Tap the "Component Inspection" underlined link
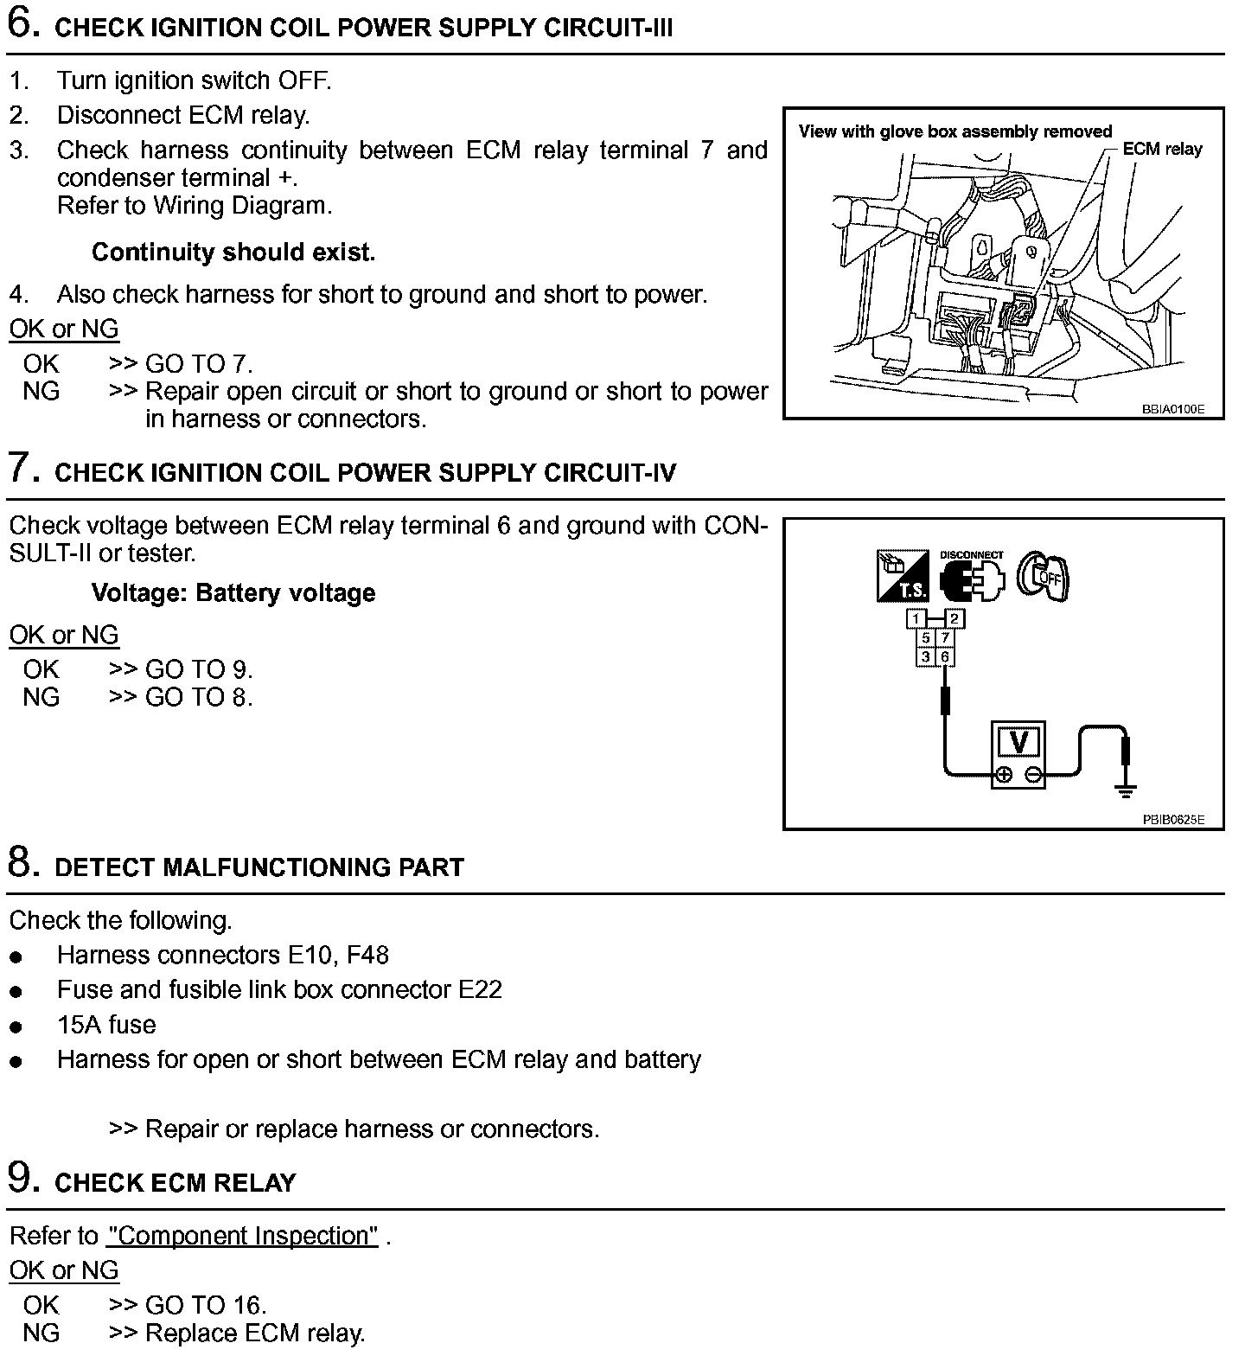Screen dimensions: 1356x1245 point(242,1236)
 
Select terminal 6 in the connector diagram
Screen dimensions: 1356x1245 point(945,657)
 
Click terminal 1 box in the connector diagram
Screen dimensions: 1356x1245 point(916,618)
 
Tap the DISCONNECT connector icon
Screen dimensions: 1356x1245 point(973,579)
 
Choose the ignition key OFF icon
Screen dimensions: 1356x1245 point(1044,575)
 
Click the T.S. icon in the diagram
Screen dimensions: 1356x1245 point(903,576)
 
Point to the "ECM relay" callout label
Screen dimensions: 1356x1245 point(1162,150)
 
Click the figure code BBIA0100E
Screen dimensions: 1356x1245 point(1172,409)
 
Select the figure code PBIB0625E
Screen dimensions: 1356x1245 point(1172,820)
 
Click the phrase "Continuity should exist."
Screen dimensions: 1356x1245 point(233,253)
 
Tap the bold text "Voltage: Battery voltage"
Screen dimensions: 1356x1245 point(233,593)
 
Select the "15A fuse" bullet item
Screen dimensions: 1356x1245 point(106,1026)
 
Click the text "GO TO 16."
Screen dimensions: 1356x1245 point(206,1305)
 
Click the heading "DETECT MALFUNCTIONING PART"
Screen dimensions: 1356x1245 point(259,867)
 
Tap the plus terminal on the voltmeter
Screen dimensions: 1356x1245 point(1003,775)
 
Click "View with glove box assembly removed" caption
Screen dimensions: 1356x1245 point(955,131)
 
